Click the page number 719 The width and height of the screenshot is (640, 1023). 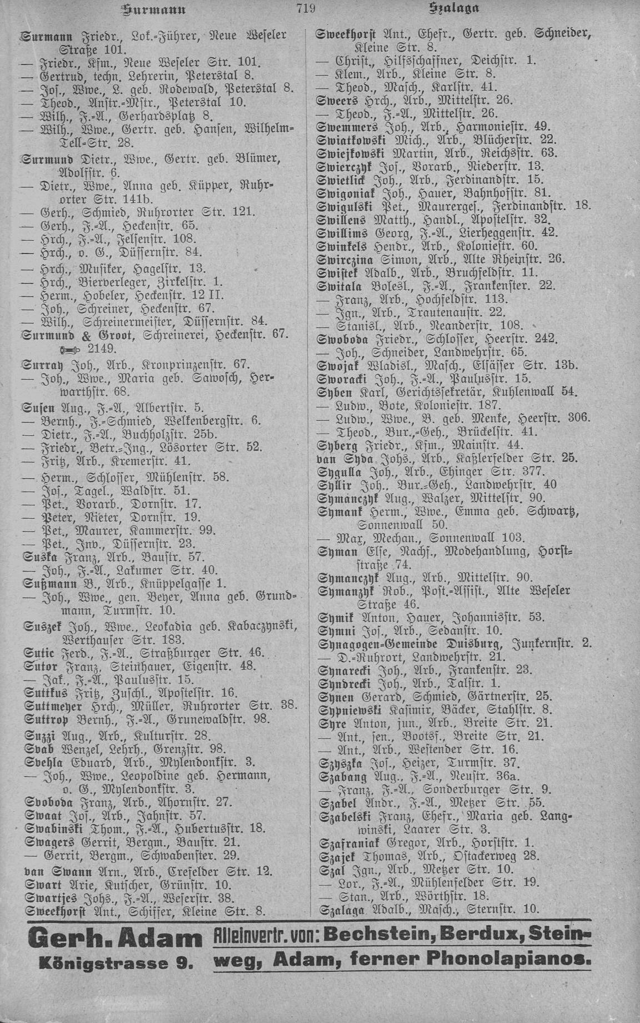click(x=306, y=8)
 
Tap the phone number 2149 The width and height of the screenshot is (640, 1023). click(x=99, y=349)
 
